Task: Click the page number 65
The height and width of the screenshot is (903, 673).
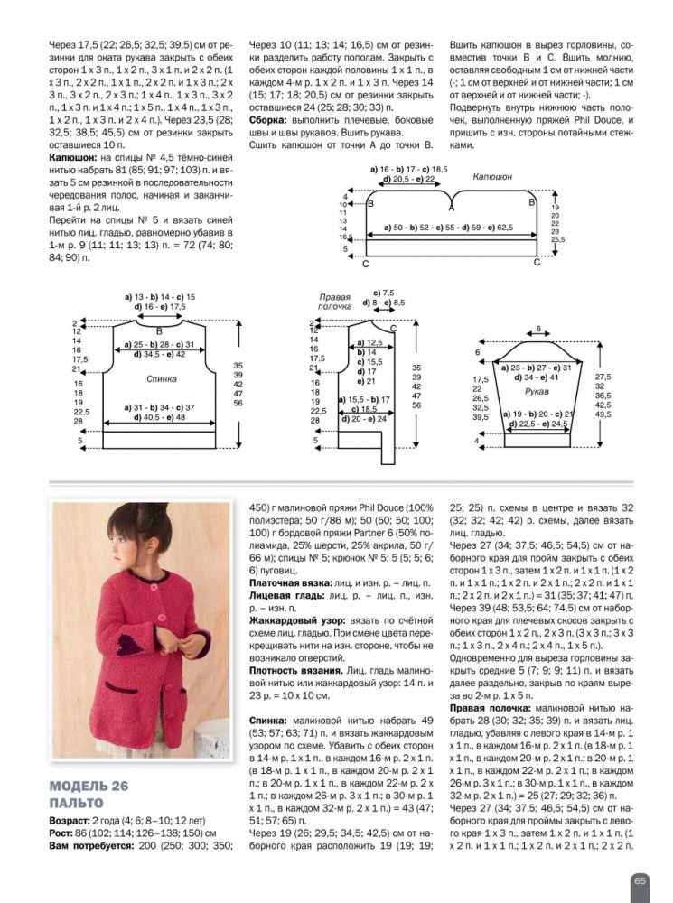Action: click(638, 880)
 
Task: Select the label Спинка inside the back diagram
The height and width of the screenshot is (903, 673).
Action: click(161, 380)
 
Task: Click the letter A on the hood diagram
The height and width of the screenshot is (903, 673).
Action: click(451, 207)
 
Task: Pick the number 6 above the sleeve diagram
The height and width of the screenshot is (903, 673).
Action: click(538, 329)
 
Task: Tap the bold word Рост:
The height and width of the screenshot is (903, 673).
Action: click(65, 833)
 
